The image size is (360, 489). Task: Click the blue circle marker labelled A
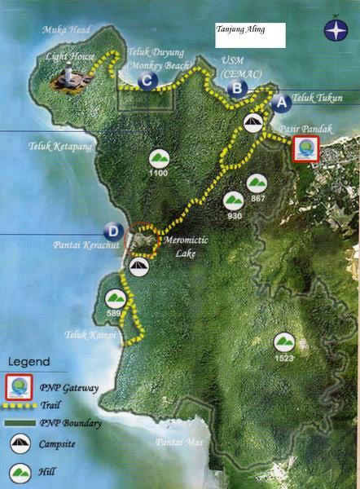(x=280, y=104)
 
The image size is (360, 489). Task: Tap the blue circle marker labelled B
(x=236, y=88)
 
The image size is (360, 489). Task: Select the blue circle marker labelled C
(x=147, y=80)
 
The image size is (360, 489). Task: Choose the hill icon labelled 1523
(x=283, y=341)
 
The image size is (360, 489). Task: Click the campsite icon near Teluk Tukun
(x=253, y=122)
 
